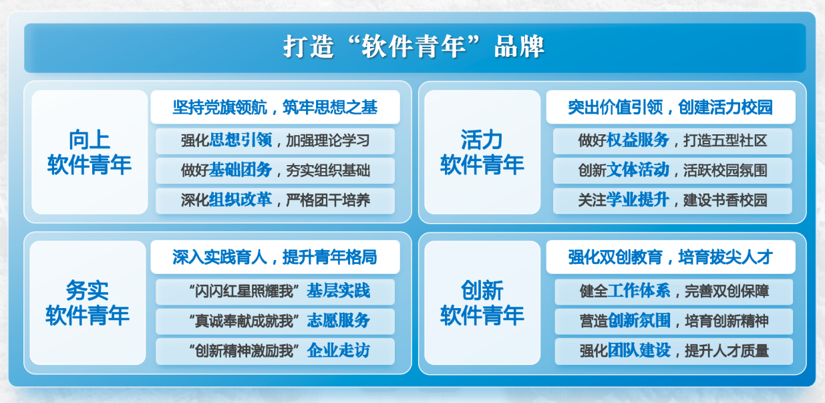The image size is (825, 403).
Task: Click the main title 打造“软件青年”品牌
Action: [414, 47]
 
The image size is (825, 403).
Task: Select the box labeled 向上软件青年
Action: [90, 152]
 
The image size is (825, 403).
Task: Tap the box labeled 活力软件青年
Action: [482, 152]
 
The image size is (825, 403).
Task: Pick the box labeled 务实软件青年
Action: [88, 303]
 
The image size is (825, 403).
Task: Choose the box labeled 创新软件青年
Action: [482, 303]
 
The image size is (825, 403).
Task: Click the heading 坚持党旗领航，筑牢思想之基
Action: [275, 107]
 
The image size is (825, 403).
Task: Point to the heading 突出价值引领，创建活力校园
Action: [670, 107]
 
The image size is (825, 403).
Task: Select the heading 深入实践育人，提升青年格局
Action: [275, 257]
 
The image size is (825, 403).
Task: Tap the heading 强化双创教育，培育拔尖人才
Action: [670, 257]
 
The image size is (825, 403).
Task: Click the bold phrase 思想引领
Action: [240, 140]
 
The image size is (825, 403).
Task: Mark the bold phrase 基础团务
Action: [240, 170]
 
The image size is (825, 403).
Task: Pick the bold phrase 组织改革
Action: [240, 200]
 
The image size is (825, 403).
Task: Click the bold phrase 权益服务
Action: [637, 140]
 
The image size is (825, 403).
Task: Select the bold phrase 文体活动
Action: [637, 170]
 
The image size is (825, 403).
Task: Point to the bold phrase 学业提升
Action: [637, 200]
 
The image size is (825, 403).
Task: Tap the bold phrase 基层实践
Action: [339, 291]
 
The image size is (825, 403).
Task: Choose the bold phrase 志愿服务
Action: [339, 321]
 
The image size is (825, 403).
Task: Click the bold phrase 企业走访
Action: [339, 350]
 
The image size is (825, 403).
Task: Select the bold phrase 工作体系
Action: [639, 291]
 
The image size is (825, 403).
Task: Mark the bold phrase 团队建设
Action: [639, 350]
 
